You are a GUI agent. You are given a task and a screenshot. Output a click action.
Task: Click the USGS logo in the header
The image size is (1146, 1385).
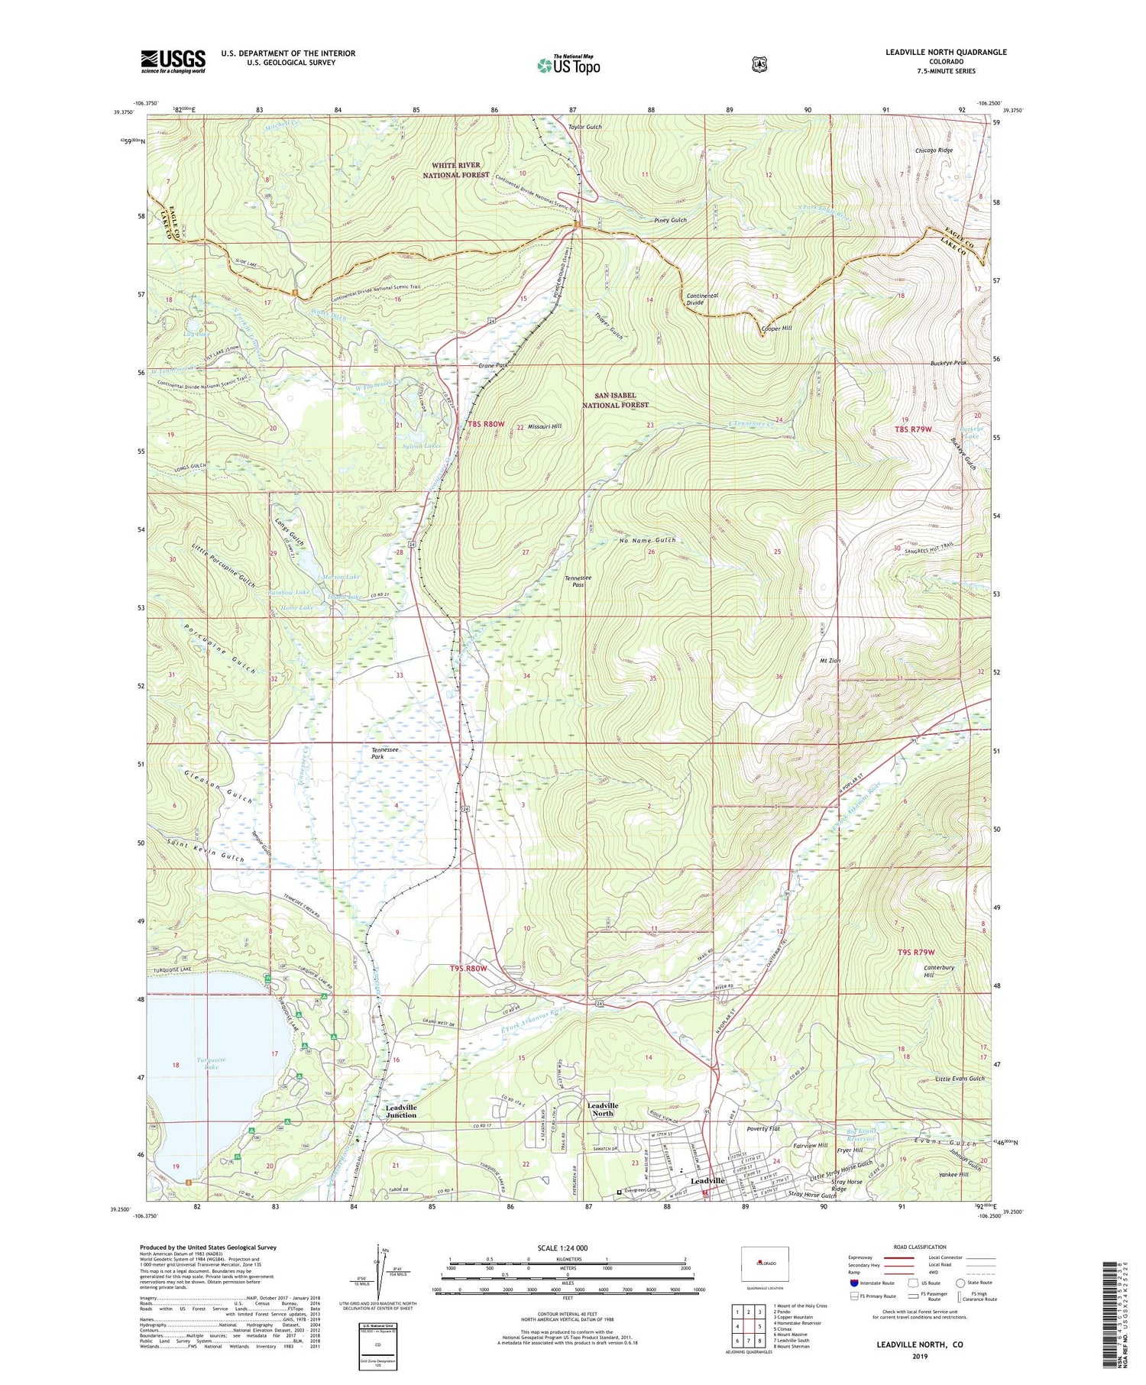pos(173,61)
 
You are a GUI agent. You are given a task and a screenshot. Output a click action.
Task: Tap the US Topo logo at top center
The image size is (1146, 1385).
pos(569,65)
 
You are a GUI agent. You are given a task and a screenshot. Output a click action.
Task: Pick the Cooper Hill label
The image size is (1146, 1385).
pos(776,328)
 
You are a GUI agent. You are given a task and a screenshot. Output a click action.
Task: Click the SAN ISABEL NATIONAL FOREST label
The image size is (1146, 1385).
pos(615,400)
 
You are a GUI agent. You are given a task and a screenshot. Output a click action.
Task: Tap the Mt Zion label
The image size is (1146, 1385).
pos(830,660)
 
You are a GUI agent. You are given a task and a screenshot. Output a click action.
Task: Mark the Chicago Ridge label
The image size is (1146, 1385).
pos(934,150)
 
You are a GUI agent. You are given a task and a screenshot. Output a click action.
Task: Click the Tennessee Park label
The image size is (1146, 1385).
pos(385,754)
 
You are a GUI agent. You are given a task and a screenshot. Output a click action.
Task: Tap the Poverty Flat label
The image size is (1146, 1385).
pos(763,1128)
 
